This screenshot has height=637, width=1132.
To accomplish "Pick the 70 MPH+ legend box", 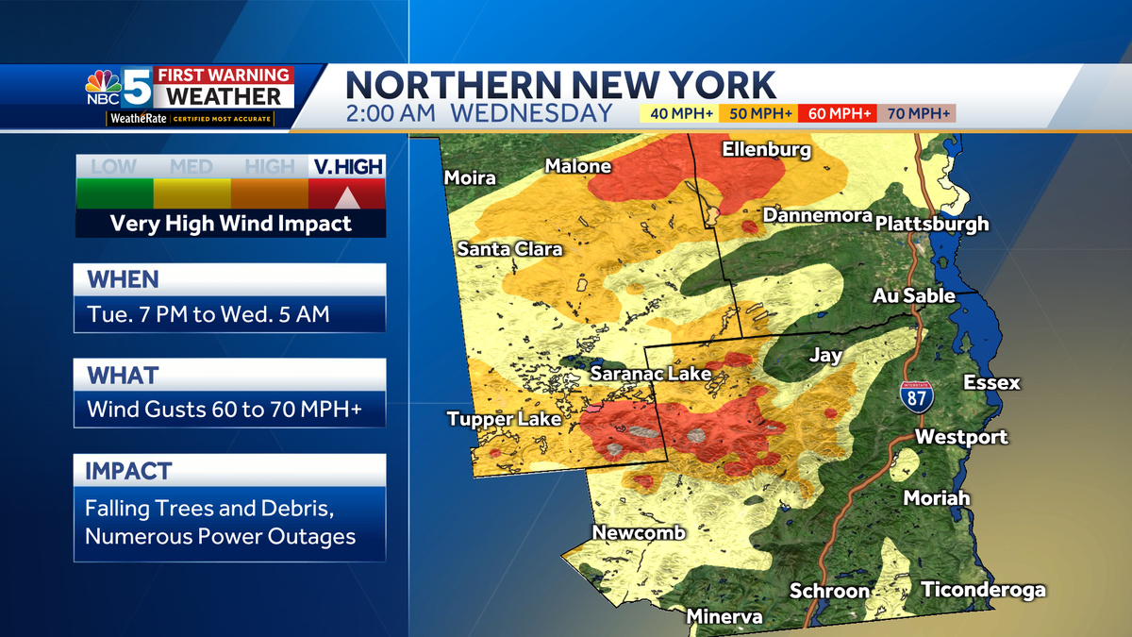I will pyautogui.click(x=916, y=114).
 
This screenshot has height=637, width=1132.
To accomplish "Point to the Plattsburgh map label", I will pyautogui.click(x=932, y=224).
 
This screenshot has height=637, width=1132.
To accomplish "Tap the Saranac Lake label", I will pyautogui.click(x=650, y=375).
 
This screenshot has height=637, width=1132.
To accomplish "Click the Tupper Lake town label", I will pyautogui.click(x=504, y=419).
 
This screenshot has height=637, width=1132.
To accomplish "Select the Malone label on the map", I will pyautogui.click(x=578, y=166).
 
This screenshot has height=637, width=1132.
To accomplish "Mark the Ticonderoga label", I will pyautogui.click(x=983, y=590).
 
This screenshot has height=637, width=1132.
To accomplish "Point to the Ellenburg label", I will pyautogui.click(x=767, y=149).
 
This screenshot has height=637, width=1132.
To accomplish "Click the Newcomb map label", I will pyautogui.click(x=639, y=533).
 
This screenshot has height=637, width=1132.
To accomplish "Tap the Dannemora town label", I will pyautogui.click(x=817, y=215).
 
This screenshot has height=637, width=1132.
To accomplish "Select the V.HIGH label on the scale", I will pyautogui.click(x=346, y=167).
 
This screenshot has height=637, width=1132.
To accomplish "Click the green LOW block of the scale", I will pyautogui.click(x=114, y=193).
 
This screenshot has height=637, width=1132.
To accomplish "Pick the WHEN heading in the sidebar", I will pyautogui.click(x=123, y=279).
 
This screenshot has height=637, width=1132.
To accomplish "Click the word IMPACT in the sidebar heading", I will pyautogui.click(x=128, y=470).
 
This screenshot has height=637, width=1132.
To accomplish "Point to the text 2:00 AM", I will pyautogui.click(x=393, y=114).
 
